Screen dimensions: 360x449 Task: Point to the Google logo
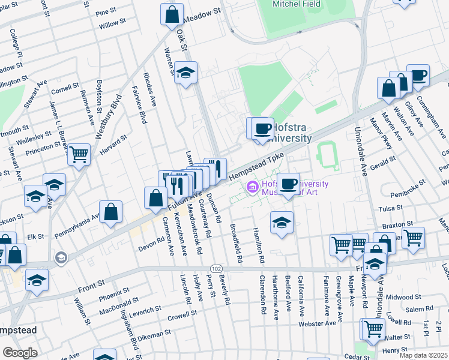[20, 353]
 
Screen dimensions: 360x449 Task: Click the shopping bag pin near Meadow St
[172, 14]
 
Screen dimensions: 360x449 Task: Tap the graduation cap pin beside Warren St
[187, 73]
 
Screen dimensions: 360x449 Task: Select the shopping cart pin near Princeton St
[79, 154]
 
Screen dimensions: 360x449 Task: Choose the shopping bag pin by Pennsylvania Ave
[111, 211]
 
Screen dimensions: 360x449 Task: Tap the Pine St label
[106, 11]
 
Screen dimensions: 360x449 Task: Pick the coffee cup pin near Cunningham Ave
[418, 76]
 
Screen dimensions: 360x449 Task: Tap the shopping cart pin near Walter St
[372, 329]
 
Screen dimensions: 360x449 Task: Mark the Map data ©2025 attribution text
[423, 355]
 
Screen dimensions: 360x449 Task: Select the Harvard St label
[113, 145]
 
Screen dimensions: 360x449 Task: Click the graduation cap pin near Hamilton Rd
[282, 223]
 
